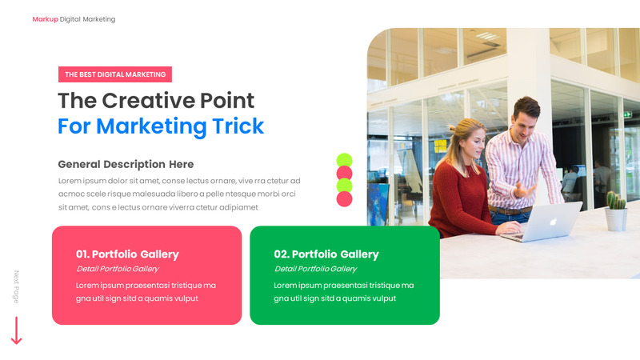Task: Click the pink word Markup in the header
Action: tap(45, 19)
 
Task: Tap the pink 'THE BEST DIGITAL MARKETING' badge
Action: tap(115, 74)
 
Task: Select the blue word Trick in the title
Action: tap(238, 126)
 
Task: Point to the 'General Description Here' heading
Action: tap(126, 164)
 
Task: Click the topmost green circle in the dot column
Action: tap(344, 160)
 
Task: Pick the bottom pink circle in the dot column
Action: tap(344, 198)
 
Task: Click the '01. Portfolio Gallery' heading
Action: tap(127, 254)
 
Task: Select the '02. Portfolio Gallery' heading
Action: tap(326, 254)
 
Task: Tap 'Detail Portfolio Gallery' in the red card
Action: tap(117, 269)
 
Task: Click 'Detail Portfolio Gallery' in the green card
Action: tap(315, 269)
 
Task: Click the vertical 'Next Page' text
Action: tap(16, 286)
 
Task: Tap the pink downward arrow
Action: tap(16, 331)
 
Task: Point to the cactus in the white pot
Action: tap(614, 201)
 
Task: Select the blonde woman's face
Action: tap(471, 146)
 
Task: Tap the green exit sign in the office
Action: tap(627, 114)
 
